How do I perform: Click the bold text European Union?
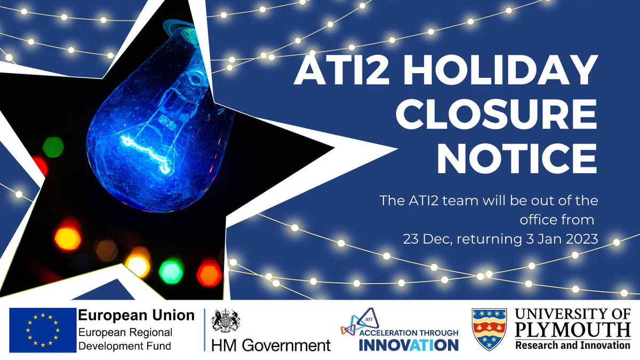(x=136, y=315)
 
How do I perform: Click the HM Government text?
(x=271, y=346)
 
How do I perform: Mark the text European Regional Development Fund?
(x=124, y=338)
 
